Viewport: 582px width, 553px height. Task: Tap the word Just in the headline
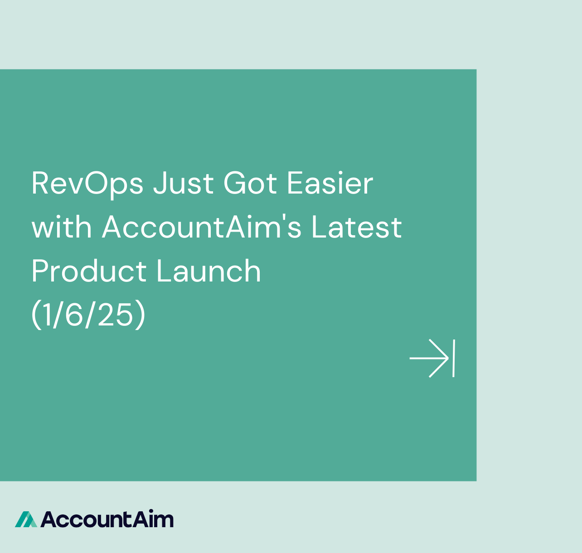183,184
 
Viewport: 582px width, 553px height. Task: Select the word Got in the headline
250,183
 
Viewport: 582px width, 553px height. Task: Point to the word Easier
330,183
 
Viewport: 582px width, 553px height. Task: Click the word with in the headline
62,226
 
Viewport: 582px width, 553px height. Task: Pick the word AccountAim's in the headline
202,226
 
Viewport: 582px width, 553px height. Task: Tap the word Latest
357,227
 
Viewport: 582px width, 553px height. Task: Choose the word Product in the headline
89,270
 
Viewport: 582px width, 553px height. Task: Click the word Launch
209,270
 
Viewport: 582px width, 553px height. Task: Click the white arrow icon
432,358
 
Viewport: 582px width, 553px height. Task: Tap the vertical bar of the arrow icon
454,358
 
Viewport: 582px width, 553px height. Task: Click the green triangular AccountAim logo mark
26,519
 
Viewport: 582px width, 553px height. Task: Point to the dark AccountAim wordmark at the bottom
107,519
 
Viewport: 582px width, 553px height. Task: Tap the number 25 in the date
116,315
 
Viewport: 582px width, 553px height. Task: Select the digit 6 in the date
74,315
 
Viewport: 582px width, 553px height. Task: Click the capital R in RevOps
40,183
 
